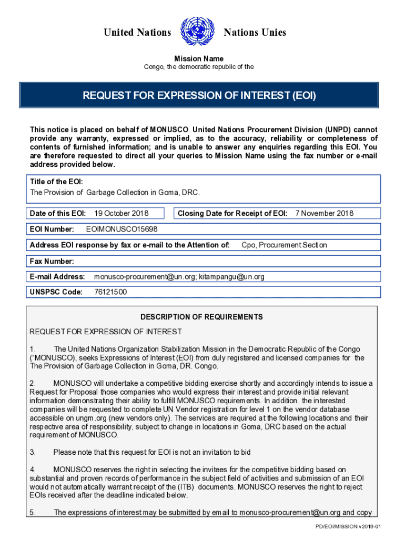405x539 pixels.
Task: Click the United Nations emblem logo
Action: (197, 32)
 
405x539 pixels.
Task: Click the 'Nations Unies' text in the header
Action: (255, 33)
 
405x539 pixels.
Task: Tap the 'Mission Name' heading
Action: (199, 58)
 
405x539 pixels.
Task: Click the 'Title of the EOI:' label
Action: (56, 182)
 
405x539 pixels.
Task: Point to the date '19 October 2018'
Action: (121, 213)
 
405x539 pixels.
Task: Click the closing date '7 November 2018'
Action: (325, 213)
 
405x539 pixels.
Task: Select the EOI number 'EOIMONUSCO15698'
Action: (121, 229)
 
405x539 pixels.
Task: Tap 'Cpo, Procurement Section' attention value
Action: (284, 245)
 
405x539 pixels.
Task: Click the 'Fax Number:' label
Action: (52, 261)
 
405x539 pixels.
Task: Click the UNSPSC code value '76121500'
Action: (110, 292)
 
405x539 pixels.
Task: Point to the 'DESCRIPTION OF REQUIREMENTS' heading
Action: (201, 317)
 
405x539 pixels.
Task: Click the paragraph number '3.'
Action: (33, 452)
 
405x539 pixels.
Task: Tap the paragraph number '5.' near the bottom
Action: (33, 512)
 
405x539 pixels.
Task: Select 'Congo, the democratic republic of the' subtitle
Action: (199, 67)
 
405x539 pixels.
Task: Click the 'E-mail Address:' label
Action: (57, 276)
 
